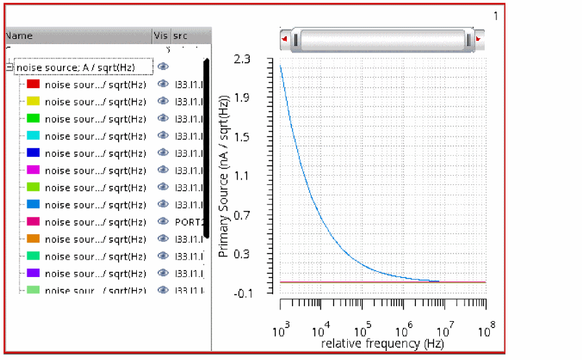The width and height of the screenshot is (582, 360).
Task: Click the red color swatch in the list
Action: (33, 84)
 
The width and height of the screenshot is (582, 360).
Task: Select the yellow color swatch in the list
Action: (33, 101)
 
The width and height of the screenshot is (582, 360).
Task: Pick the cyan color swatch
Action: (33, 136)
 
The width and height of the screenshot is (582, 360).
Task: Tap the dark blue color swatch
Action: (33, 153)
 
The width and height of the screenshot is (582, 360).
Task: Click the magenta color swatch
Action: (33, 170)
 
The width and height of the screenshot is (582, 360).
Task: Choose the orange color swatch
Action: (33, 239)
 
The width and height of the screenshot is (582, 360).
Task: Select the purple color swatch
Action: (33, 274)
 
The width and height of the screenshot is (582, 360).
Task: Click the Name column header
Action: (19, 36)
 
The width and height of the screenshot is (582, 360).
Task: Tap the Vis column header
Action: (160, 36)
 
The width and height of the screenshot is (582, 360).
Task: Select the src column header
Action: (180, 36)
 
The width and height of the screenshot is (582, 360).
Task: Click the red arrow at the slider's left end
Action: (284, 39)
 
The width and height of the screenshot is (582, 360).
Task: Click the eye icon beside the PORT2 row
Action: (163, 222)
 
